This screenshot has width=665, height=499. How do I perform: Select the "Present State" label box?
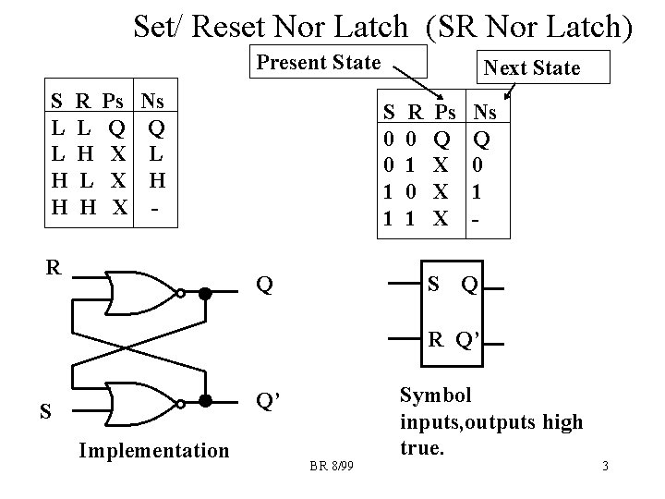[x=318, y=63]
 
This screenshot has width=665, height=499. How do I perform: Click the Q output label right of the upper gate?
[x=265, y=285]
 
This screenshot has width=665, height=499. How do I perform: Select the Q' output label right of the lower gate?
[x=269, y=401]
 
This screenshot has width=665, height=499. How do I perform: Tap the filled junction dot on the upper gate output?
[x=207, y=294]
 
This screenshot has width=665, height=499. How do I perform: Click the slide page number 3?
[x=604, y=467]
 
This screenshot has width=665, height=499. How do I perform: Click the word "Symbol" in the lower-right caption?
[x=435, y=396]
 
